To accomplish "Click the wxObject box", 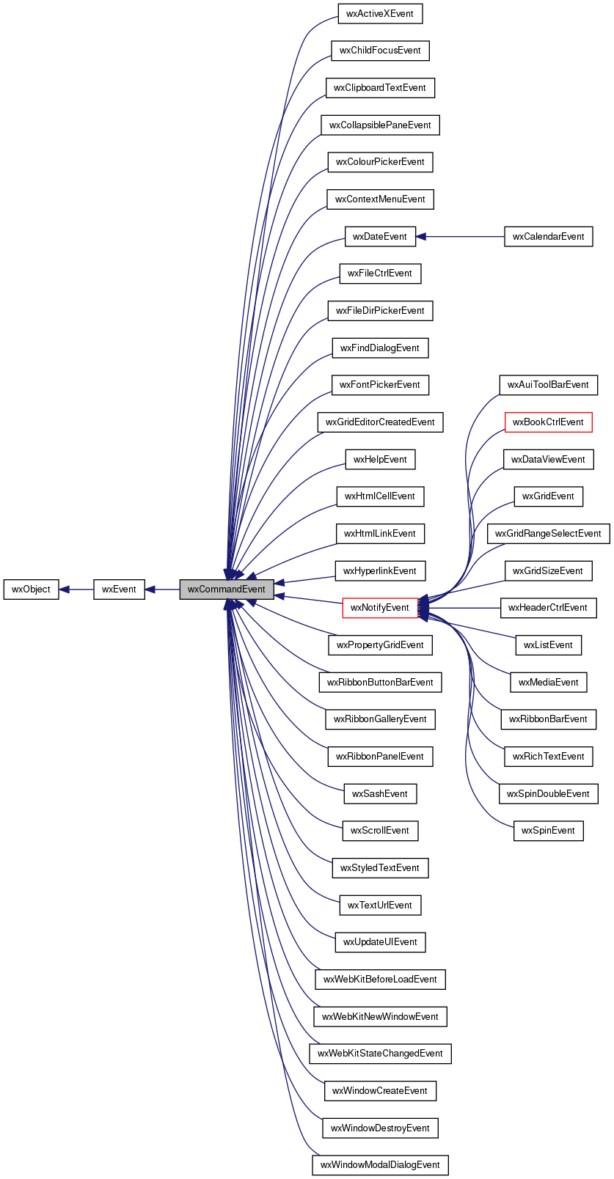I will [31, 589].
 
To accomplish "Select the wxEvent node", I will [119, 589].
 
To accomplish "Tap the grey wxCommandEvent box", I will [227, 589].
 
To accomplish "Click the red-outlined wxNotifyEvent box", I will [380, 608].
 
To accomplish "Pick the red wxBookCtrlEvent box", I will [548, 422].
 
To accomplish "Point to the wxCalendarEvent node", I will [548, 237].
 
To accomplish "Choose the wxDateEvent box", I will [380, 237].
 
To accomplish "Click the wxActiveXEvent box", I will [380, 14].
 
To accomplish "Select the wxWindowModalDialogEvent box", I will [380, 1165].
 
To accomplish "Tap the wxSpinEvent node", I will [548, 831].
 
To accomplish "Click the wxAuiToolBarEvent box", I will [548, 385].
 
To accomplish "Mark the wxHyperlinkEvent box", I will [380, 571].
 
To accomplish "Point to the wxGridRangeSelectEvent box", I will [548, 534].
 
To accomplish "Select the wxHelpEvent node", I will [380, 460].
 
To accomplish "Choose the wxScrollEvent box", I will [380, 831].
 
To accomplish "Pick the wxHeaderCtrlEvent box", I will [548, 608].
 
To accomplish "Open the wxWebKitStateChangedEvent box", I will [380, 1054].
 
